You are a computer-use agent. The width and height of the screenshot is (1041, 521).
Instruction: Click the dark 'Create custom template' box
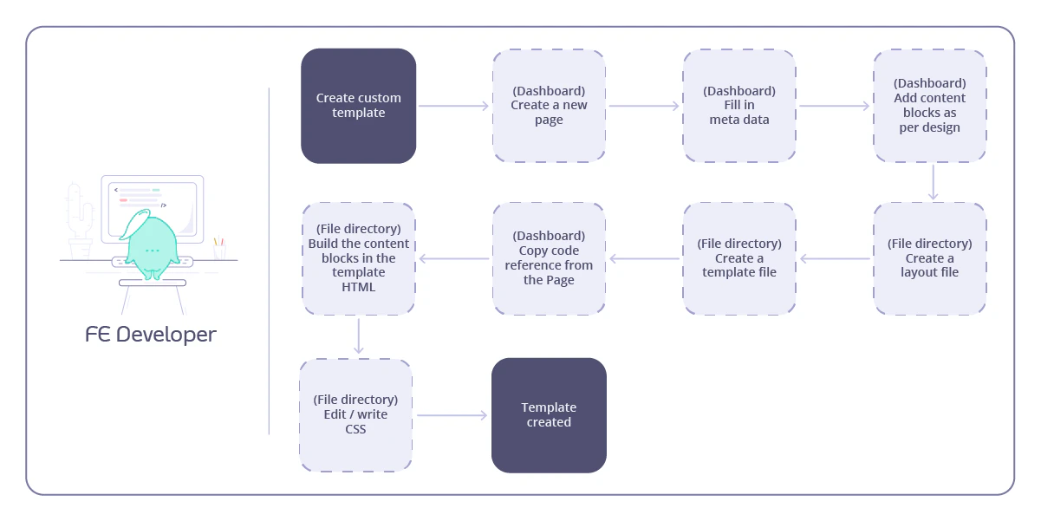(358, 106)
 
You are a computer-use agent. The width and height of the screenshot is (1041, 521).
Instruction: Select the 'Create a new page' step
(549, 106)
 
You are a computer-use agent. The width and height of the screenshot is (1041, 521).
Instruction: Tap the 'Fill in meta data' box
(739, 106)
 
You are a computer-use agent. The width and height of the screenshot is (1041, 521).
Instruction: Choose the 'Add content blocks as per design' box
(930, 106)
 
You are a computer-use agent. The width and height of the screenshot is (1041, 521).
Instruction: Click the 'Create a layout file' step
(930, 258)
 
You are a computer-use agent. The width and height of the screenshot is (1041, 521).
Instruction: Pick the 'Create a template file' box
(739, 258)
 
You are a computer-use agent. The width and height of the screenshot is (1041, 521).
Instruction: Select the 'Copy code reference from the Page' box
(549, 258)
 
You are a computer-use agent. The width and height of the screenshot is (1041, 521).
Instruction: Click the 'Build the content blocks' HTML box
(358, 258)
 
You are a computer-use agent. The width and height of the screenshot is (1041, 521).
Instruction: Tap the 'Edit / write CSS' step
(355, 415)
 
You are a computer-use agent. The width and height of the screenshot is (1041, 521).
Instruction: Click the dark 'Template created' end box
(549, 415)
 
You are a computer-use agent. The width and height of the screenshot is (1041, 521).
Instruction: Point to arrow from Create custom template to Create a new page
(454, 106)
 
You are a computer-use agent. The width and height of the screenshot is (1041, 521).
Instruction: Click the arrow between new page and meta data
(644, 106)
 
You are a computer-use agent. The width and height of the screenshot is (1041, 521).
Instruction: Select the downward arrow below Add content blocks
(933, 182)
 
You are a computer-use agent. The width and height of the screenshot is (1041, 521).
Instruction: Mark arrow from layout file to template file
(835, 258)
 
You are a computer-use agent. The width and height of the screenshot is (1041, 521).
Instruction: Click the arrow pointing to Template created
(452, 415)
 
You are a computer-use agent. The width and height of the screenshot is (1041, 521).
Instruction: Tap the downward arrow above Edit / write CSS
(359, 336)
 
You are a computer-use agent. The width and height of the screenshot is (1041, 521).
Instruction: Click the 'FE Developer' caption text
(151, 335)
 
